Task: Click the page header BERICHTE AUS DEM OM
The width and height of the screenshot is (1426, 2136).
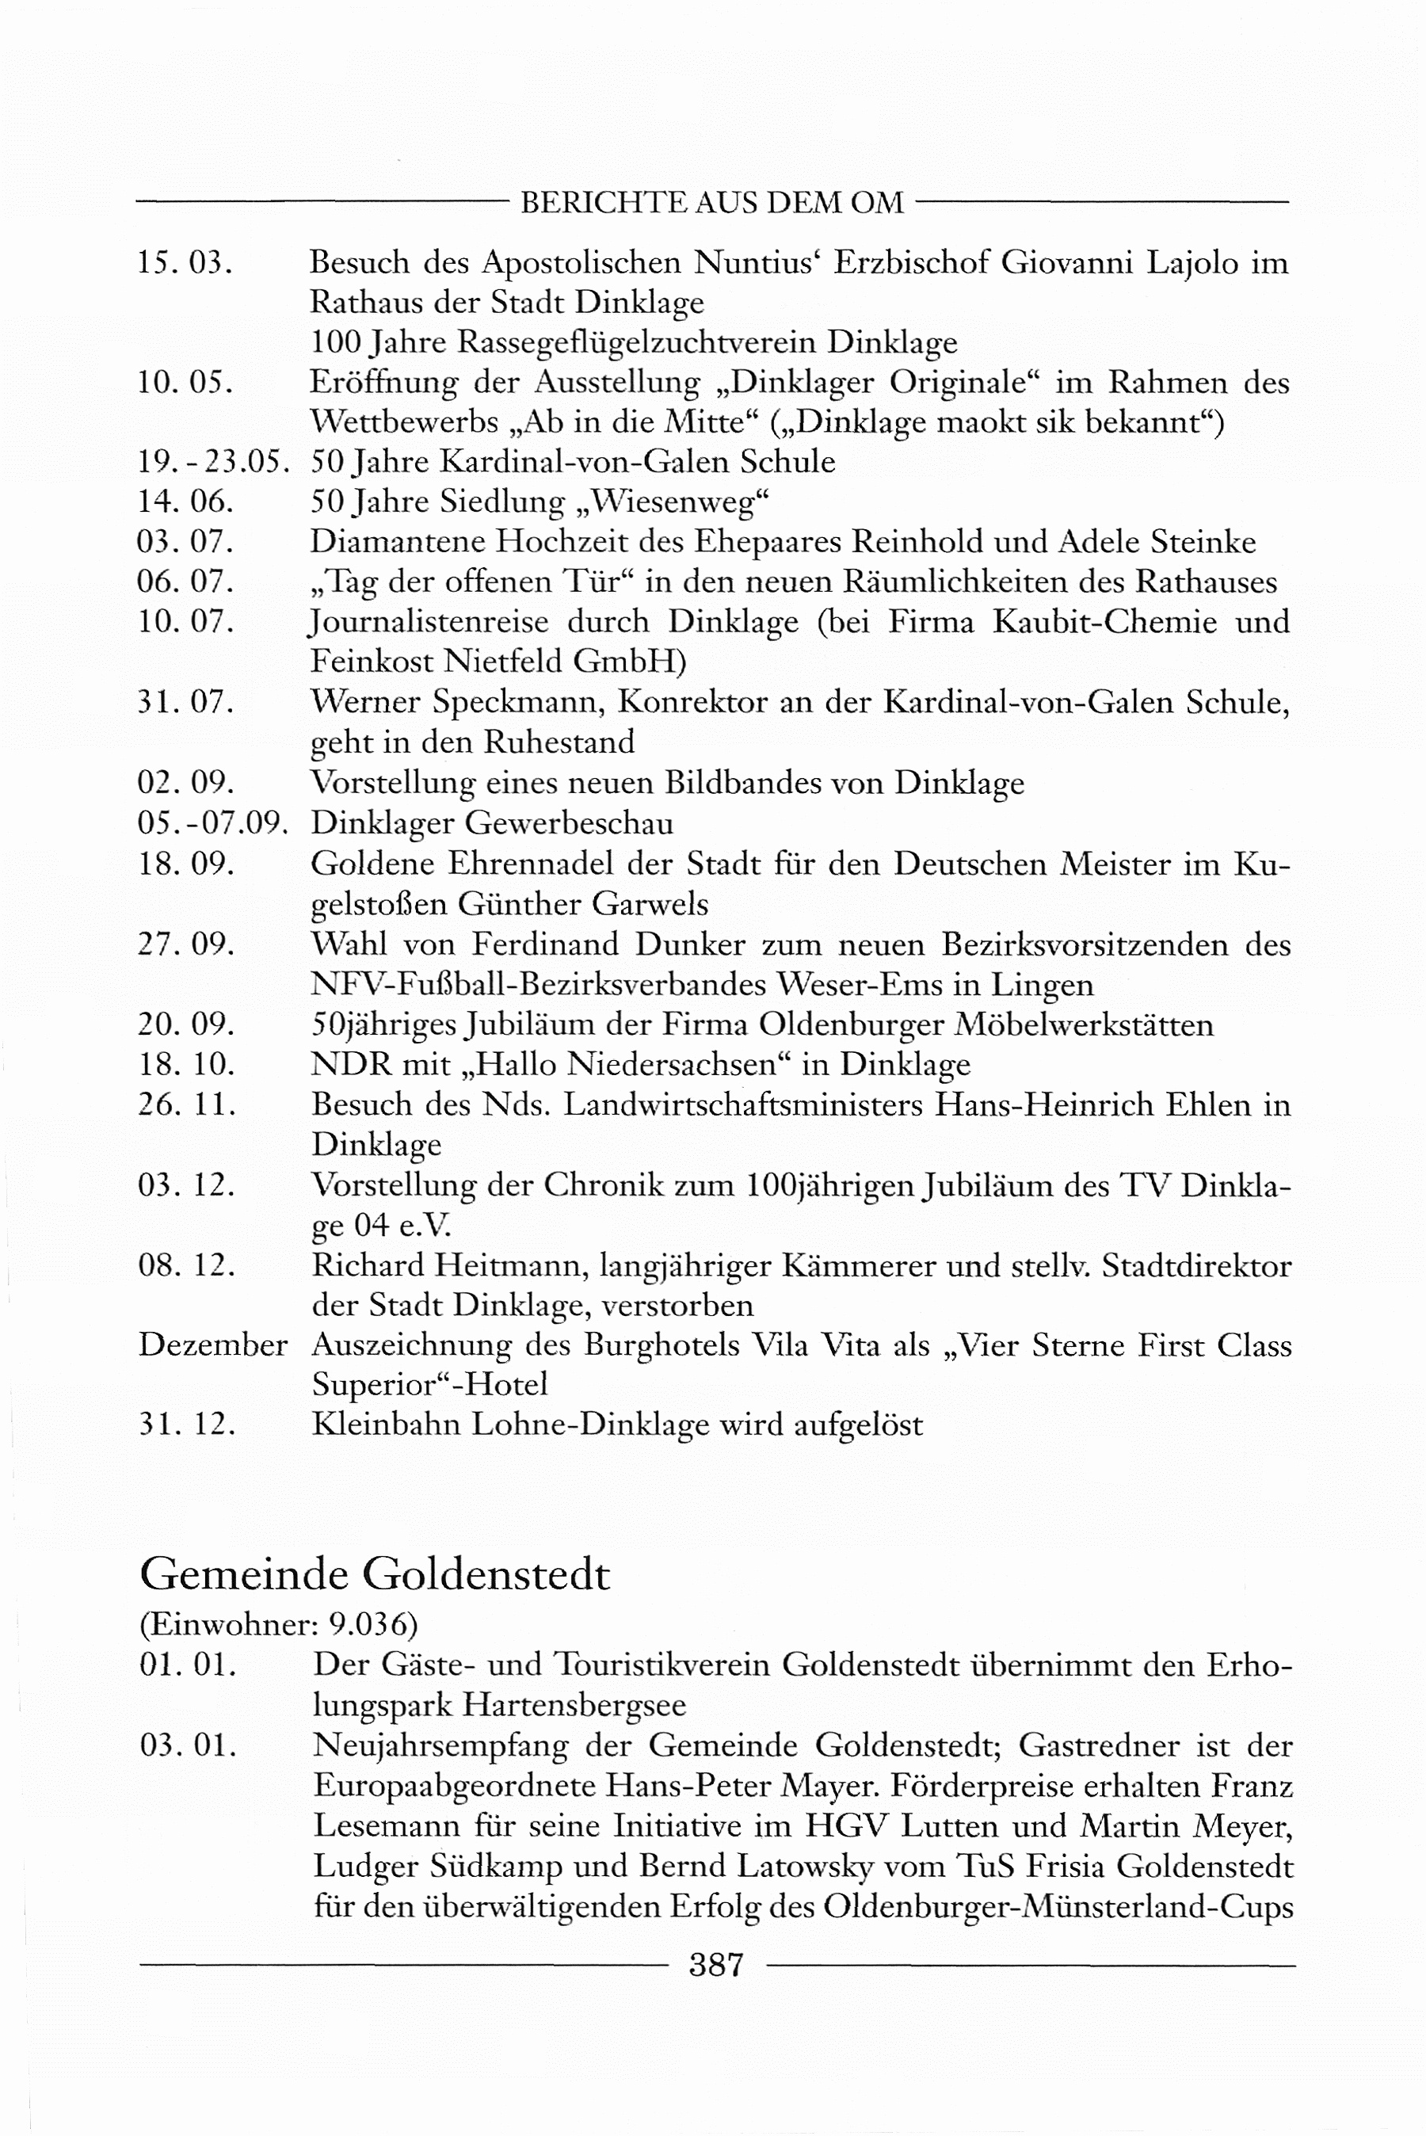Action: (x=712, y=202)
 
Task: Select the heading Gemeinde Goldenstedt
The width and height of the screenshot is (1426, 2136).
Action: (x=375, y=1574)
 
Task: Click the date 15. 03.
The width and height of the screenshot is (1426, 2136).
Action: (x=185, y=263)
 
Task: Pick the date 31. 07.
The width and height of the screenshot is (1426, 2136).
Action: (x=185, y=702)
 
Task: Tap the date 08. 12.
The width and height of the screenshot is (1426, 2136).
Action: (x=186, y=1264)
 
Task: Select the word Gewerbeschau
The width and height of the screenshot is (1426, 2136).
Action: (x=570, y=824)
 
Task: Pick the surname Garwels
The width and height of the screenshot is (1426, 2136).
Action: (x=650, y=905)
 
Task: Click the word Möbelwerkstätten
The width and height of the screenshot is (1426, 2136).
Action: (x=1083, y=1024)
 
